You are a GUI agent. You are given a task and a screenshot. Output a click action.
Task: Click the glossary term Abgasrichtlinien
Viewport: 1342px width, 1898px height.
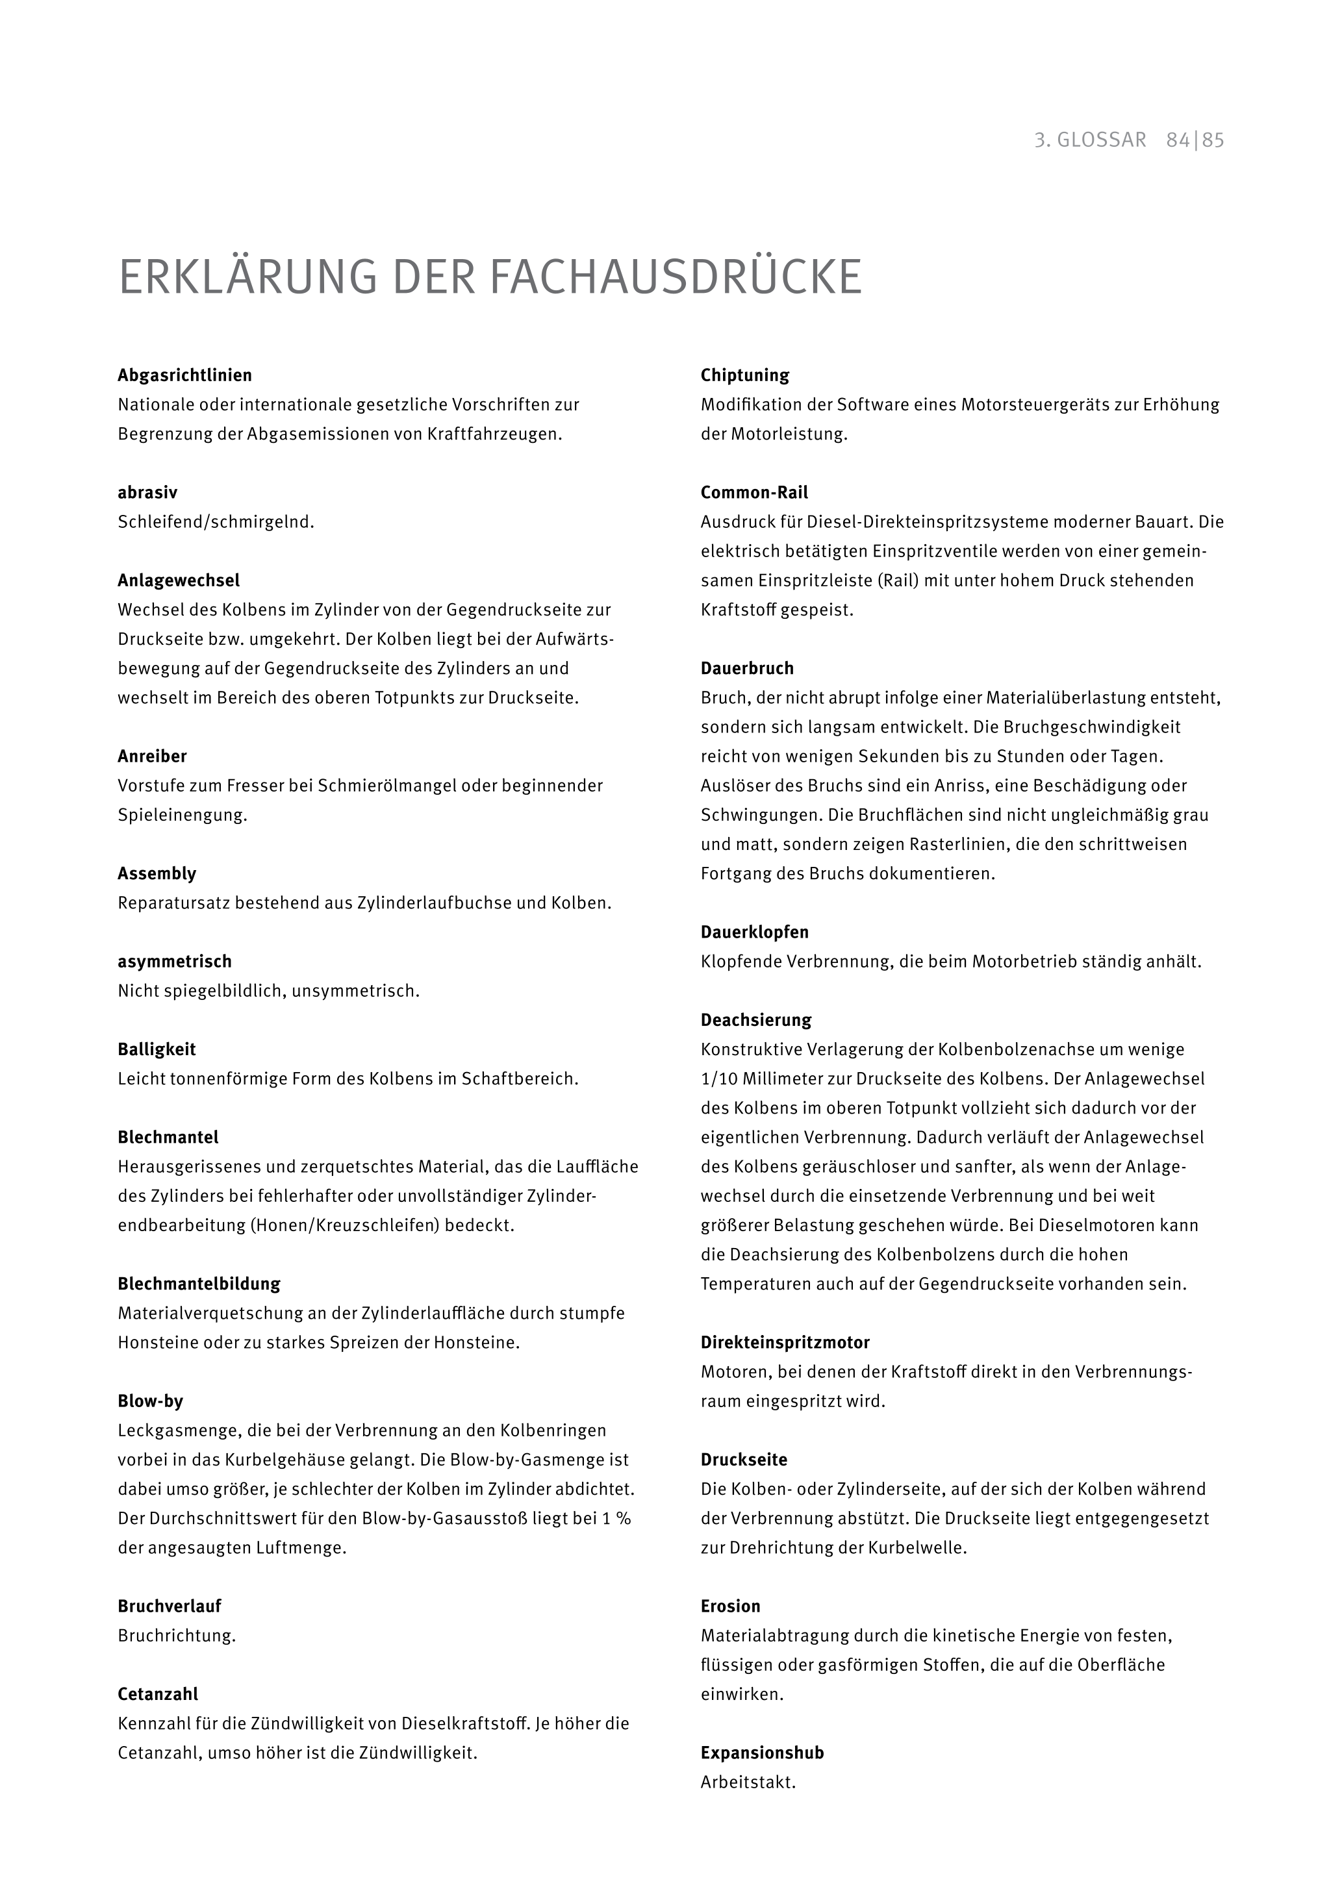[184, 375]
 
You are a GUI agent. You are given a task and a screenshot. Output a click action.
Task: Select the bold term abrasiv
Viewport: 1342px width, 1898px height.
[147, 493]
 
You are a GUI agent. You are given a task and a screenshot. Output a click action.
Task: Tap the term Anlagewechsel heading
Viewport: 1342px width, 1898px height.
[179, 581]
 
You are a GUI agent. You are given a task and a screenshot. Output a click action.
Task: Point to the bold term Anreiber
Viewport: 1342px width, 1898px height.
[152, 756]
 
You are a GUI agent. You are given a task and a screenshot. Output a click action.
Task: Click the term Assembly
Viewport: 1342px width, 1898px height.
[157, 874]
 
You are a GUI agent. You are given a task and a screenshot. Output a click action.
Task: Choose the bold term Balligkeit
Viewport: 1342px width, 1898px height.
[157, 1050]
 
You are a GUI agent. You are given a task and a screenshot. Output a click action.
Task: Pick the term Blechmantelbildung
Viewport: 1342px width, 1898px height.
[199, 1284]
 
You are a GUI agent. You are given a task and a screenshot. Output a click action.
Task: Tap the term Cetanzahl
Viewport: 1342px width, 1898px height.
[158, 1695]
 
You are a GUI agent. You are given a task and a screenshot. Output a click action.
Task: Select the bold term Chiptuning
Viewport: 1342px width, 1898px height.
[745, 375]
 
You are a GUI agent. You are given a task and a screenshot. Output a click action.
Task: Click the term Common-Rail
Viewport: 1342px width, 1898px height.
[754, 493]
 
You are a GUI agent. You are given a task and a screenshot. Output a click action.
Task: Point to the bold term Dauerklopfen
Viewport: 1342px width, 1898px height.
[755, 932]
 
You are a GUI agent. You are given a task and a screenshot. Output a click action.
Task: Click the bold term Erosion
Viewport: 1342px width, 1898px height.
[730, 1606]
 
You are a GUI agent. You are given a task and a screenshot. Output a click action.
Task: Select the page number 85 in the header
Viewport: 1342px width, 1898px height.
[1213, 140]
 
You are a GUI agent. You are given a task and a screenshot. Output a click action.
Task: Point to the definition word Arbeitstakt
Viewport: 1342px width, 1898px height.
[748, 1782]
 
